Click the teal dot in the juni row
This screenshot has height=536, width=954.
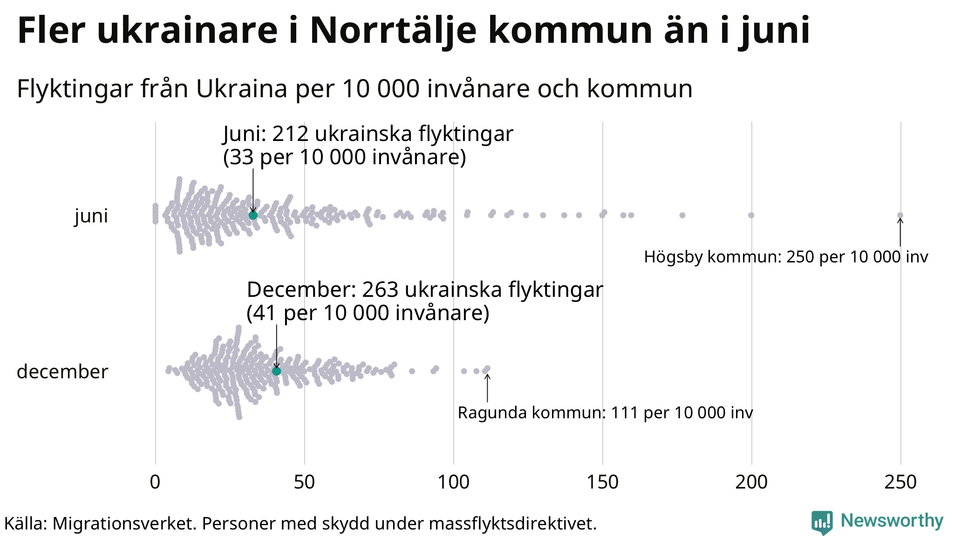tap(253, 215)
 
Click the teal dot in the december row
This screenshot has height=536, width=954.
tap(277, 371)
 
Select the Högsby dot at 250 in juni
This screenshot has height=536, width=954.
tap(900, 215)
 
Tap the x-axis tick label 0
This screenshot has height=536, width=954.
tap(155, 482)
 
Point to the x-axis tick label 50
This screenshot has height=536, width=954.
tap(304, 482)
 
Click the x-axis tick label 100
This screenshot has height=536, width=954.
tap(453, 482)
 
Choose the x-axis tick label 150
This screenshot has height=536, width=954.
tap(602, 482)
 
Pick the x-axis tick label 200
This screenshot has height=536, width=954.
tap(751, 482)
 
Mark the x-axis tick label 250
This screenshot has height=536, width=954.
tap(900, 482)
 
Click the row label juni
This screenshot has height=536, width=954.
tap(91, 216)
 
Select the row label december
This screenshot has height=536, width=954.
tap(62, 372)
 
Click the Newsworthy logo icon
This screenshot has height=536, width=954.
tap(822, 523)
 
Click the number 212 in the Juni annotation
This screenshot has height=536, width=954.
tap(290, 134)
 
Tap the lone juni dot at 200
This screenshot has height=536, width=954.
tap(751, 215)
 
